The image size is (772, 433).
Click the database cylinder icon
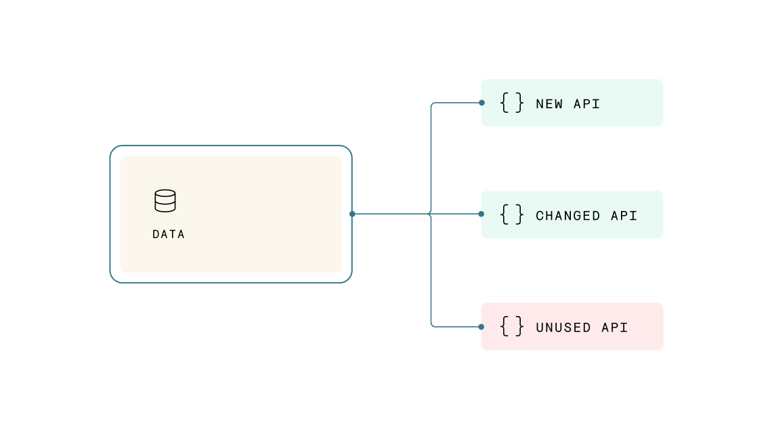(x=165, y=201)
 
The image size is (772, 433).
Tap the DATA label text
(x=169, y=235)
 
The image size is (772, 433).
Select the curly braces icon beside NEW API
(x=512, y=103)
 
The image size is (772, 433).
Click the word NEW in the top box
(x=549, y=104)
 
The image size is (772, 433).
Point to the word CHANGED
(x=568, y=216)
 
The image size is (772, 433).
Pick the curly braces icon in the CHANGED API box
(x=512, y=214)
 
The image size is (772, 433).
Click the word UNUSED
(x=563, y=327)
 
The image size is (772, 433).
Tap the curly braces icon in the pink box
(x=512, y=326)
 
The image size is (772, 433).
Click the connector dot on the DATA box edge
(x=352, y=214)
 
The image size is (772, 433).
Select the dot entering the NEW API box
(x=481, y=103)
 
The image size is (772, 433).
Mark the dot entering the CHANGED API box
(x=481, y=214)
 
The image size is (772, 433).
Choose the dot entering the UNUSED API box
(x=481, y=327)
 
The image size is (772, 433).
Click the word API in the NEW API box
(x=587, y=104)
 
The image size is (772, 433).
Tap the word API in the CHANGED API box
(x=624, y=216)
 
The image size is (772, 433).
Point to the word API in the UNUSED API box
(x=615, y=327)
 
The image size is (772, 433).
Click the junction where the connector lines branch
(x=431, y=214)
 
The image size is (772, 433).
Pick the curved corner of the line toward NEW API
(x=433, y=105)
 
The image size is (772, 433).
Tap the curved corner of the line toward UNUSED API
(x=433, y=325)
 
